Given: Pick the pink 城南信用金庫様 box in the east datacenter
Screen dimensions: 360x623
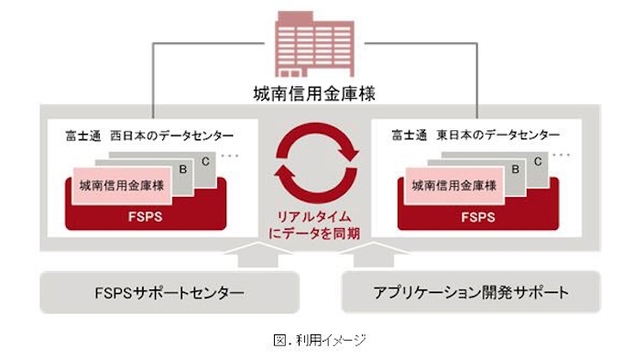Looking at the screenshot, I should coord(449,185).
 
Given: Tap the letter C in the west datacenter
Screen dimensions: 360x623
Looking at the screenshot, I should coord(204,159).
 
